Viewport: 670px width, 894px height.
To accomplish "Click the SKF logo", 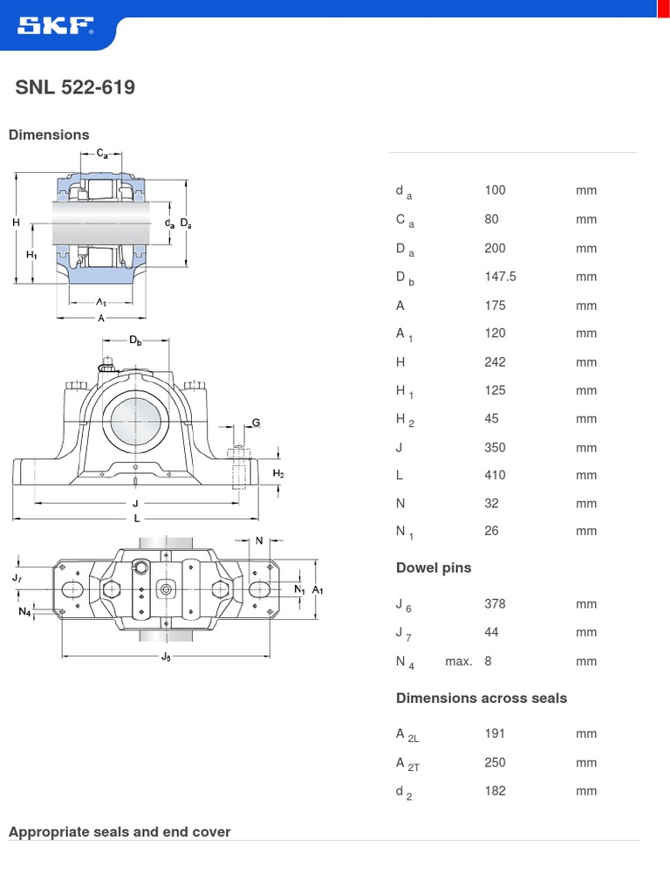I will click(55, 28).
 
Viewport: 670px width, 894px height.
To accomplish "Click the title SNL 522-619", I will click(75, 88).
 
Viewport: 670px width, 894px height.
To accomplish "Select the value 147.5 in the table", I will click(500, 277).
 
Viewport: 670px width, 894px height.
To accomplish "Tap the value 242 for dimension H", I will click(495, 362).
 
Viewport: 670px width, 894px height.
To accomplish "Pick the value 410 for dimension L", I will click(495, 476).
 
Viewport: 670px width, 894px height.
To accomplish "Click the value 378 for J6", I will click(495, 604).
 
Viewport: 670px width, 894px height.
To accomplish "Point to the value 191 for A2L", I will click(495, 734).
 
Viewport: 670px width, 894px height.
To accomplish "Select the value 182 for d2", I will click(495, 791).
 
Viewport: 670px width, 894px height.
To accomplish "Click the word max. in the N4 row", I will click(458, 662).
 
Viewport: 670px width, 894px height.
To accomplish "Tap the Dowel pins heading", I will click(434, 568).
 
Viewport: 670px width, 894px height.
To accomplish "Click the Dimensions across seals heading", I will click(482, 698).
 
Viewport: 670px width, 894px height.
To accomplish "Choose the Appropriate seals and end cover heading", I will click(120, 832).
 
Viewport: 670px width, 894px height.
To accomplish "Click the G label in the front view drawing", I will click(256, 423).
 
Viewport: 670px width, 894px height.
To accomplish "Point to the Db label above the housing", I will click(135, 340).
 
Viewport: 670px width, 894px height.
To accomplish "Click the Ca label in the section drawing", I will click(102, 154).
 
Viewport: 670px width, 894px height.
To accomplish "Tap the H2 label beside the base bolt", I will click(278, 474).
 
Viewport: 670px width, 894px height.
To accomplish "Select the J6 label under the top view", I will click(166, 657).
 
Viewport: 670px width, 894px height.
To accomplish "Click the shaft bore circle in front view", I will click(135, 418).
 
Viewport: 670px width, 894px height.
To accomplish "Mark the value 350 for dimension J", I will click(495, 448).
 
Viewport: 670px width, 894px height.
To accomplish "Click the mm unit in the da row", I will click(586, 190).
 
